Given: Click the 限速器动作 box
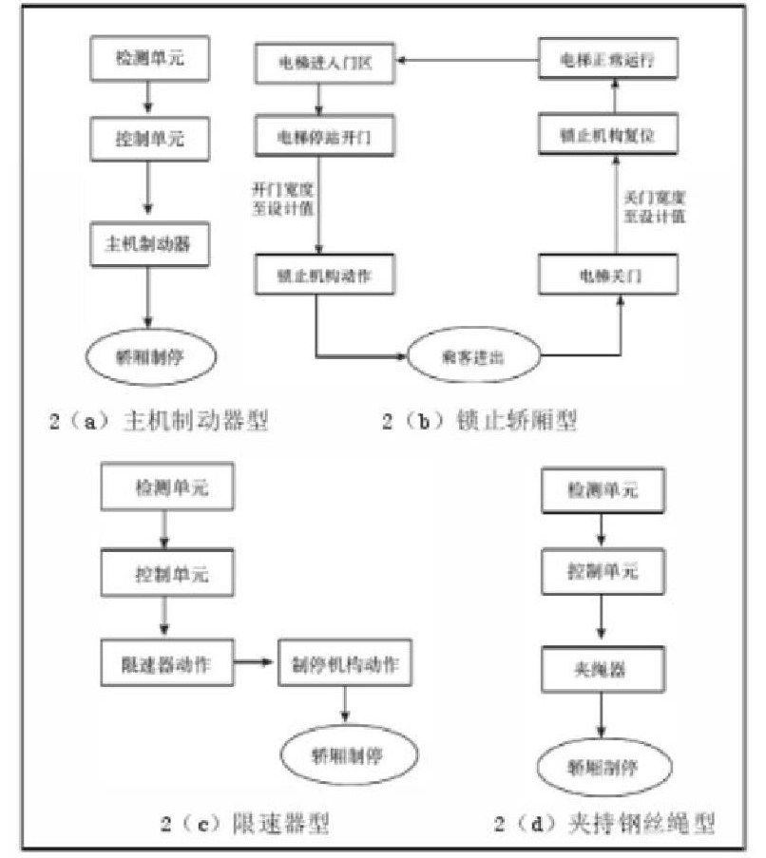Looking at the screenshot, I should [x=166, y=664].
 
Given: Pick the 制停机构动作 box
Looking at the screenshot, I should [x=345, y=664].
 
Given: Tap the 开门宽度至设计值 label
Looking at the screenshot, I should [x=277, y=198].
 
